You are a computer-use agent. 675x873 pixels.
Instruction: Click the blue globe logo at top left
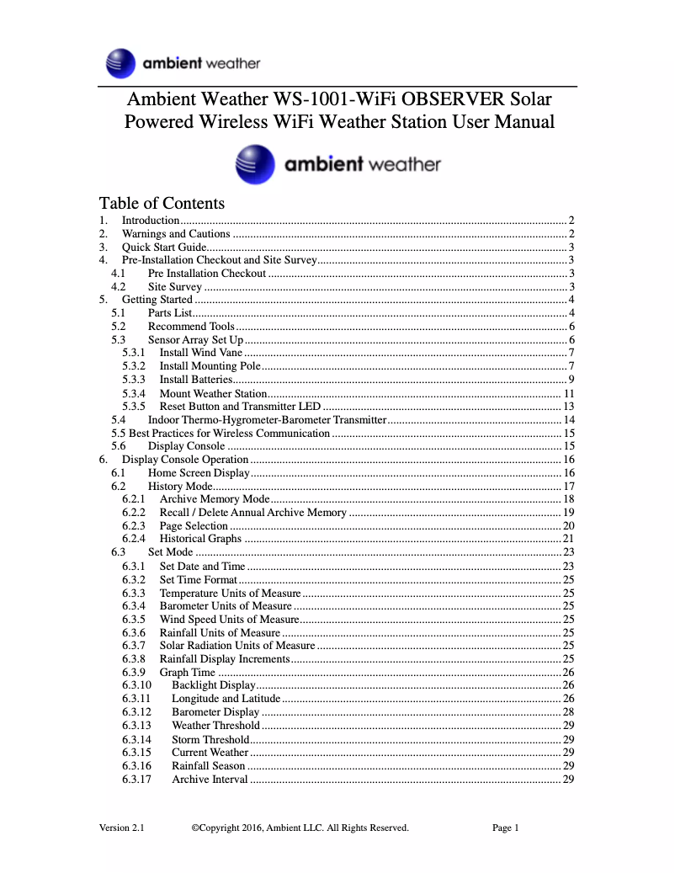point(121,63)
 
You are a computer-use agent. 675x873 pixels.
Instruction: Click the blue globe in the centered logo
point(254,164)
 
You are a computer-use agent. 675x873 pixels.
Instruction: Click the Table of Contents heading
point(162,203)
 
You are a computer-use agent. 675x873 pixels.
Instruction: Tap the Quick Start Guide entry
point(164,247)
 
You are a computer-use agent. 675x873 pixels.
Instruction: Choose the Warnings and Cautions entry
point(176,233)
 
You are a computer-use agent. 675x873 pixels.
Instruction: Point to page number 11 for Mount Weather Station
point(569,393)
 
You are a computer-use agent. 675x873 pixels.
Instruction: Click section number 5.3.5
point(134,406)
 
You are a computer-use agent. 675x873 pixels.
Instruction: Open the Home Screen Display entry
point(199,473)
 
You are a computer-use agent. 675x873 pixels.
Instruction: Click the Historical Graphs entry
point(200,539)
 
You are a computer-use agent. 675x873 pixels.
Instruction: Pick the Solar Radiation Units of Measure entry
point(237,645)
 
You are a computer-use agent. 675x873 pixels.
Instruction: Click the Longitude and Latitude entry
point(226,698)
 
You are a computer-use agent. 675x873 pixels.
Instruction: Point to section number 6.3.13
point(136,725)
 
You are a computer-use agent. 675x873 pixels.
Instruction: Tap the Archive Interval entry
point(210,779)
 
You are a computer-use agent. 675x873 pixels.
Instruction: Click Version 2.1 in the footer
point(122,828)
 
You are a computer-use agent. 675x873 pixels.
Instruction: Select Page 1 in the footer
point(505,828)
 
